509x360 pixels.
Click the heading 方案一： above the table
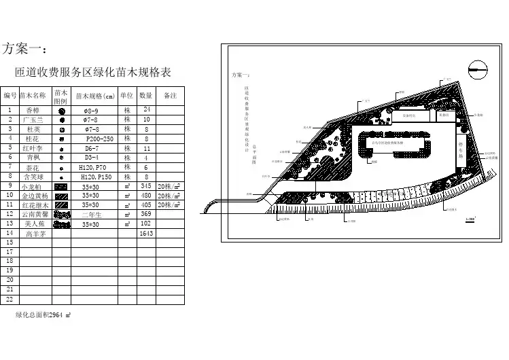pos(24,49)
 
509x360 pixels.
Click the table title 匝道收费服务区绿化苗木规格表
pos(96,72)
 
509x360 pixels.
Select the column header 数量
pos(145,96)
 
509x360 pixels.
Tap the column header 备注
pos(171,96)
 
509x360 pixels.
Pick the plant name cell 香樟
pos(33,109)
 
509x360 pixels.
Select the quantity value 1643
pos(145,233)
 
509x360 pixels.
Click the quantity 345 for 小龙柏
pos(145,185)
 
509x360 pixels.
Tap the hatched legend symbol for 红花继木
pos(61,204)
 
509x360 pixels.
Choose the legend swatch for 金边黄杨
pos(61,195)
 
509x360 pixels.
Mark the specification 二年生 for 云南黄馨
pos(91,214)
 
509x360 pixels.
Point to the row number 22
pos(10,298)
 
